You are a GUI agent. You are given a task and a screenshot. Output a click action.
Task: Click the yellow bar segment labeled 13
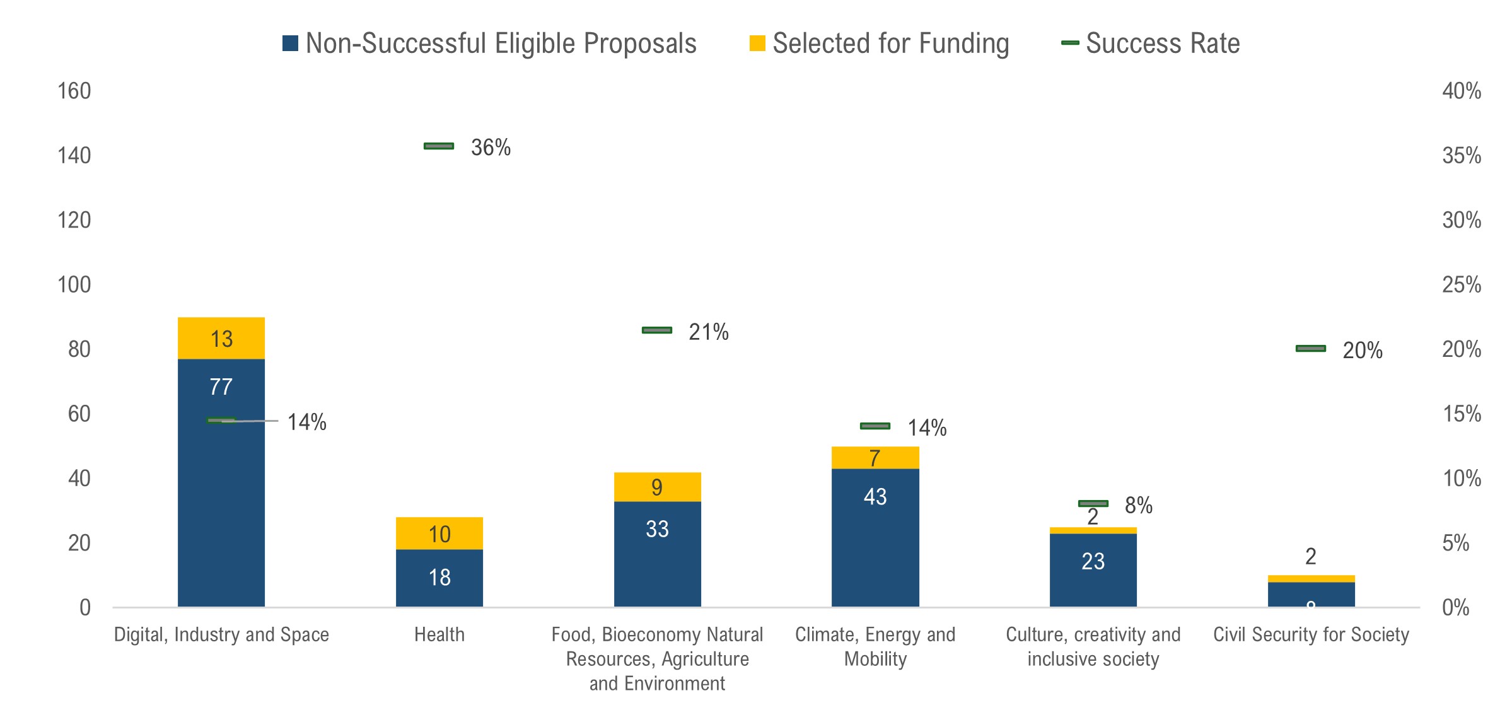[221, 338]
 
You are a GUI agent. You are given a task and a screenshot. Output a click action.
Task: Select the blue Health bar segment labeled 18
[439, 578]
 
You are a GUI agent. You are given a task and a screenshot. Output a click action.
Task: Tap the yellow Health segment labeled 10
[439, 533]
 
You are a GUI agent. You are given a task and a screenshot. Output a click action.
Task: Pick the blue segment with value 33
[657, 554]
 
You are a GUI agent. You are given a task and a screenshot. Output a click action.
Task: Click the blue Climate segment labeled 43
[875, 537]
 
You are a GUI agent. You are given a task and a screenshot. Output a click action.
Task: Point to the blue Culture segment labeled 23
[1093, 569]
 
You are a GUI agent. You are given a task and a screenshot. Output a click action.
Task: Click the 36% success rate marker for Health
[439, 146]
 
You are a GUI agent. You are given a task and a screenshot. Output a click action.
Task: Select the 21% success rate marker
[657, 330]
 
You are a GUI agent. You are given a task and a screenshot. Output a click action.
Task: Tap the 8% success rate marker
[1093, 503]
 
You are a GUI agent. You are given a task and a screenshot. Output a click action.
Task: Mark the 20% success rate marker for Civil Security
[1311, 349]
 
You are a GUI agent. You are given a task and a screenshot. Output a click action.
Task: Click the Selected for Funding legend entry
[880, 44]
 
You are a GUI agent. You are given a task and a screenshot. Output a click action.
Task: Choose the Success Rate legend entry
[1151, 44]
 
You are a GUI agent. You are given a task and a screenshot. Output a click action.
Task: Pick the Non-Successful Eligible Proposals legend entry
[490, 44]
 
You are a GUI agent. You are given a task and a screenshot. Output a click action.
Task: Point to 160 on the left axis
[74, 91]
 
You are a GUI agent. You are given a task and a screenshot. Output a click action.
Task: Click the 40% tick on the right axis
[1462, 91]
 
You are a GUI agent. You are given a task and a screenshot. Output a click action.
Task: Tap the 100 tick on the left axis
[74, 285]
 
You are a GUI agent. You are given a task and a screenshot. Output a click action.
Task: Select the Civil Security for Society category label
[1311, 634]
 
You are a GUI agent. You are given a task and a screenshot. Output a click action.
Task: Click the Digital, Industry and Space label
[221, 634]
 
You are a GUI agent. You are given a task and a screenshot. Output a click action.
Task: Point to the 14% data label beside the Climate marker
[927, 428]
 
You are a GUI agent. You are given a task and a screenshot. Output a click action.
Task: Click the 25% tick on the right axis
[1462, 285]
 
